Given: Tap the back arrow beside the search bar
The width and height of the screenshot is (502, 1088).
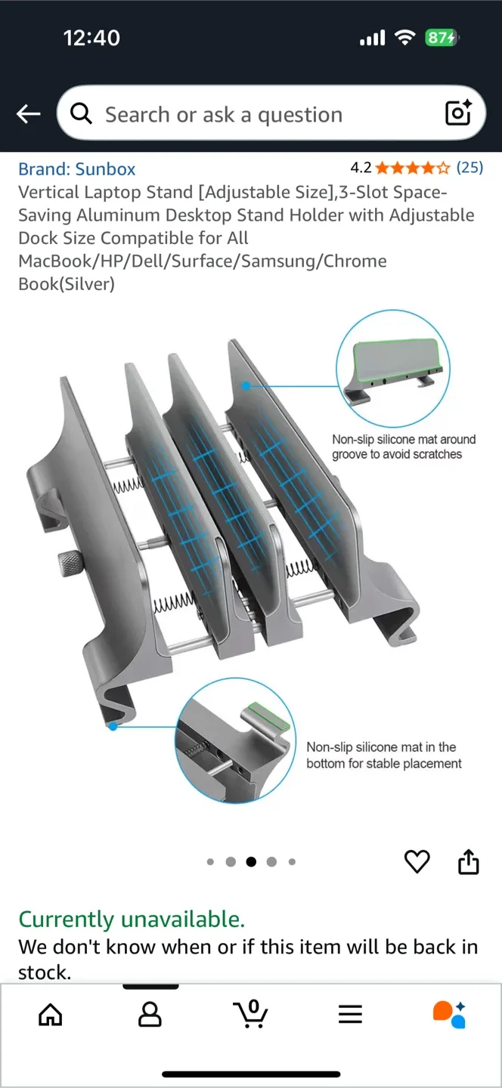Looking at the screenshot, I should pyautogui.click(x=29, y=114).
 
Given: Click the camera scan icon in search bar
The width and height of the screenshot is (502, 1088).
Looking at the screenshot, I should pyautogui.click(x=458, y=113).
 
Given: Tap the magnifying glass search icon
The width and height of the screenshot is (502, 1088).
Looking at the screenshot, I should pyautogui.click(x=81, y=113).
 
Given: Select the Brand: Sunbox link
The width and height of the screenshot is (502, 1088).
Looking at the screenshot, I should pyautogui.click(x=77, y=169).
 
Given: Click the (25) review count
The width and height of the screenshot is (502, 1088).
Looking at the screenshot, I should pyautogui.click(x=469, y=168).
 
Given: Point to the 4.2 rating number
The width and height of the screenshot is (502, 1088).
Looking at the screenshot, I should pyautogui.click(x=361, y=168).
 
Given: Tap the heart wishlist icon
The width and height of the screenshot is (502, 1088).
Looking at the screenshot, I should pyautogui.click(x=417, y=861).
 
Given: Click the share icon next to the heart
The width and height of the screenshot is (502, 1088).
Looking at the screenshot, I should pyautogui.click(x=469, y=861).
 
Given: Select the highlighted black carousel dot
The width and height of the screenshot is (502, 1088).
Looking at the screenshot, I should pyautogui.click(x=251, y=861).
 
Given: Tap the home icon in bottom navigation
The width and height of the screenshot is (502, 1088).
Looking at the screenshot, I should pyautogui.click(x=51, y=1015).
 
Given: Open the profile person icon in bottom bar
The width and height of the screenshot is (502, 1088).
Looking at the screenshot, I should pyautogui.click(x=150, y=1015).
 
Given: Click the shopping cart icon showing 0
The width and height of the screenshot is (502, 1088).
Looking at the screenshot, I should pyautogui.click(x=250, y=1014).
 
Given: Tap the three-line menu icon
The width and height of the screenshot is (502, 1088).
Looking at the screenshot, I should pyautogui.click(x=350, y=1015).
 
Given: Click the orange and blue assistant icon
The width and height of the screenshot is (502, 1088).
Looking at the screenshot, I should pyautogui.click(x=449, y=1014).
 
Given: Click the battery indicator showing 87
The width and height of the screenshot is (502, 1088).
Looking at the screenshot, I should pyautogui.click(x=441, y=38).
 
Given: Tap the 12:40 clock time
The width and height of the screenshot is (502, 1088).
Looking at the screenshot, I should pyautogui.click(x=91, y=38).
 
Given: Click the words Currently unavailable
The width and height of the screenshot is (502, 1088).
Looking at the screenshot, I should pyautogui.click(x=132, y=920).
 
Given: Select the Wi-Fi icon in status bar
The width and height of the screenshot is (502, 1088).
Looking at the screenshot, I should pyautogui.click(x=406, y=38).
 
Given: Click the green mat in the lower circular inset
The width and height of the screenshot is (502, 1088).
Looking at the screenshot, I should pyautogui.click(x=269, y=716).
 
